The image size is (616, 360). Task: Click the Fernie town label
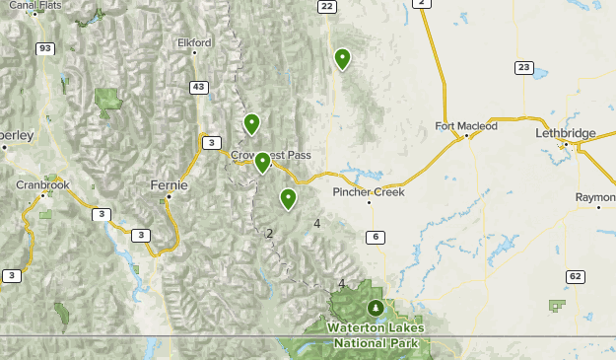coord(171,184)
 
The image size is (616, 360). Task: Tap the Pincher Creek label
coord(369,191)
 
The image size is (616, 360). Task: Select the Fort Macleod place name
coord(466,126)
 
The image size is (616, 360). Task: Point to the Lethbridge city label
coord(566,132)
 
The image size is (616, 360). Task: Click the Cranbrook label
coord(42,184)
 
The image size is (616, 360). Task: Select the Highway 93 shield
coord(45,48)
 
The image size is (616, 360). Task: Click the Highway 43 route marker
coord(199,88)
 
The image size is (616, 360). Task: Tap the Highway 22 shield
coord(326,6)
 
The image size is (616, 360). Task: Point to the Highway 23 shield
coord(523,67)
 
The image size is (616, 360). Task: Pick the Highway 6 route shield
coord(375,237)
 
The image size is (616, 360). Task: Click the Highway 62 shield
coord(576,275)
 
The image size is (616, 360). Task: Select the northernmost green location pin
coord(342,58)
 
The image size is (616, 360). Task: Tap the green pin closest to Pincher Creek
coord(288,198)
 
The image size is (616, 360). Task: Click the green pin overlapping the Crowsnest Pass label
coord(262,162)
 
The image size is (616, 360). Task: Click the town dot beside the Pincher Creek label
coord(370,203)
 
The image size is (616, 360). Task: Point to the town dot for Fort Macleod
coord(464,137)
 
